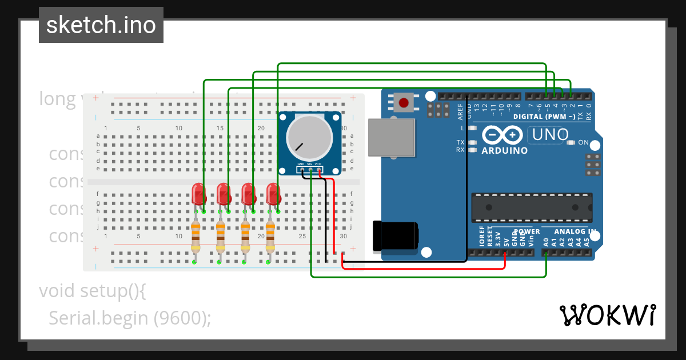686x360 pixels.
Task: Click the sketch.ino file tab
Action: click(101, 25)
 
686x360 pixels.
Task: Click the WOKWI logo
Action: click(607, 315)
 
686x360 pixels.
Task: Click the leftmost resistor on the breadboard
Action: click(196, 237)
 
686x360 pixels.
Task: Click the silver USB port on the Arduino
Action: click(391, 137)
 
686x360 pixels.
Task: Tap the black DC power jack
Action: click(395, 236)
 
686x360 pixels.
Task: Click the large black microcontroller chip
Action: click(532, 207)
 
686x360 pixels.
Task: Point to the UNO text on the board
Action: click(551, 135)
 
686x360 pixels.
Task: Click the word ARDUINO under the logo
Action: click(504, 151)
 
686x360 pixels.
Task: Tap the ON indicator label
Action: click(583, 142)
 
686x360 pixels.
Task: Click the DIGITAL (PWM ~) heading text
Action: click(544, 117)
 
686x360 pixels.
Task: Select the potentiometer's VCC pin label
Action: click(318, 164)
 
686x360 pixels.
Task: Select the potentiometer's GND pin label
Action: click(301, 164)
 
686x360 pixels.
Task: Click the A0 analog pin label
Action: click(546, 242)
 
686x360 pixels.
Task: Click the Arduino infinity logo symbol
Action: click(503, 135)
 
